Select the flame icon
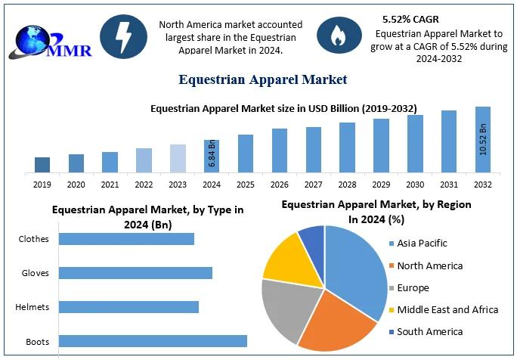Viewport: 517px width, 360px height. click(x=333, y=35)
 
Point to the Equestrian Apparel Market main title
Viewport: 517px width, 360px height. click(x=262, y=79)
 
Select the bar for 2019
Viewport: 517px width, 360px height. click(x=42, y=165)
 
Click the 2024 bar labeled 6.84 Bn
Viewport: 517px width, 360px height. click(x=212, y=156)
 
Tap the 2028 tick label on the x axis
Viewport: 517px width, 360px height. click(x=347, y=185)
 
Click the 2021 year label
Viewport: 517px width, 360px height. click(x=110, y=185)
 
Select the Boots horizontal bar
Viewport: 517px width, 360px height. click(x=153, y=341)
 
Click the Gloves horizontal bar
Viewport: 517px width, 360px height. click(x=135, y=273)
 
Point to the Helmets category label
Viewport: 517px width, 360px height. click(x=33, y=307)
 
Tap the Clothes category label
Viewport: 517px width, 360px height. click(x=34, y=239)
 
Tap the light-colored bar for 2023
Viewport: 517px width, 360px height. click(x=178, y=158)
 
